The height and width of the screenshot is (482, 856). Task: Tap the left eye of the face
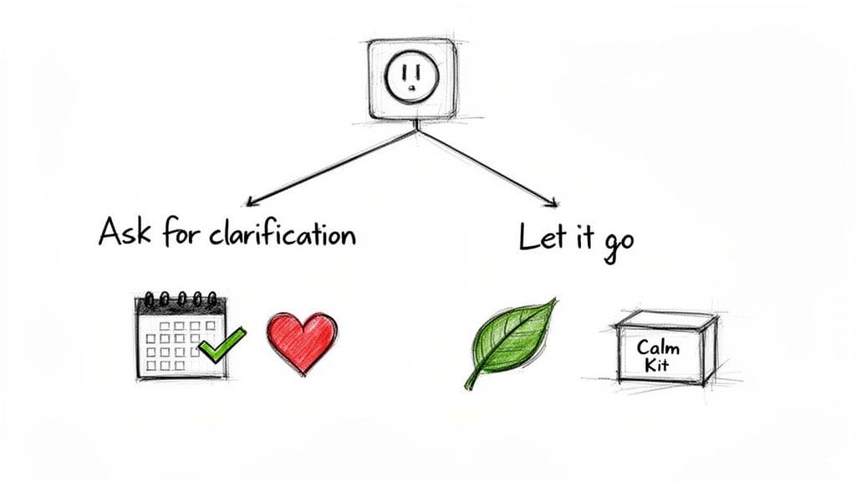click(404, 71)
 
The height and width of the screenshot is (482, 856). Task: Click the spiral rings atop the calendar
click(181, 298)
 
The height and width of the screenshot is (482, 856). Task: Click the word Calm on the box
click(658, 346)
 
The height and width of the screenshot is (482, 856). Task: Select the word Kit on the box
click(658, 366)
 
